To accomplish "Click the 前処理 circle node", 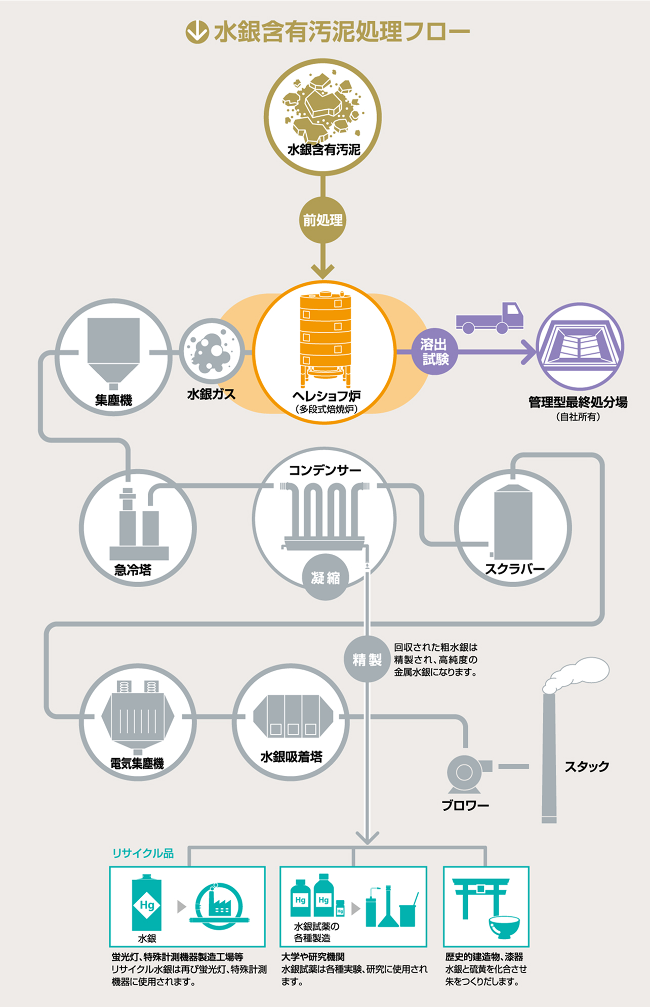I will click(x=322, y=220).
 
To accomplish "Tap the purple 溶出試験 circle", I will click(x=434, y=352).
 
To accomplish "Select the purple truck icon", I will click(x=490, y=319).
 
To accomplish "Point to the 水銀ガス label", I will click(x=211, y=395).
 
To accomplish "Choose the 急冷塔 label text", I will click(x=133, y=570).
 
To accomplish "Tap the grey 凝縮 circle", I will click(x=325, y=577).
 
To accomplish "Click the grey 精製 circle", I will click(x=367, y=659).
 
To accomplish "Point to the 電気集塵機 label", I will click(x=137, y=763).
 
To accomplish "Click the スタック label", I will click(x=587, y=766).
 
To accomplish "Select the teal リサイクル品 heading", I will click(x=143, y=853).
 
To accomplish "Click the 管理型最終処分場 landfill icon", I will click(x=580, y=346).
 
